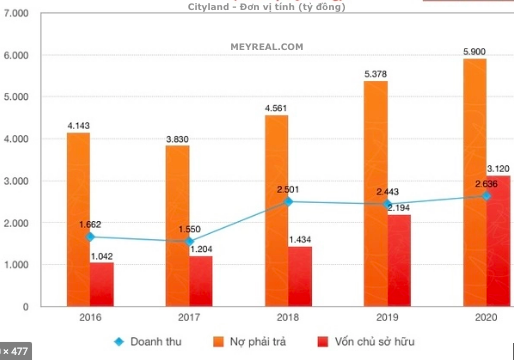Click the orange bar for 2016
(78, 220)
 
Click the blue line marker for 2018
(288, 202)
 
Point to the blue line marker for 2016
(91, 237)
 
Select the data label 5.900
(474, 49)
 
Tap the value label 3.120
(499, 167)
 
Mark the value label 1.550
(188, 229)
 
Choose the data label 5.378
(375, 72)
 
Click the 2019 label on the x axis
(386, 319)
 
